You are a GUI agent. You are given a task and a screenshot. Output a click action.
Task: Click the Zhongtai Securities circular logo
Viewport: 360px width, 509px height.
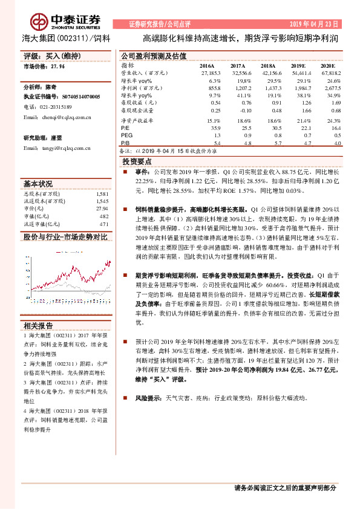[40, 17]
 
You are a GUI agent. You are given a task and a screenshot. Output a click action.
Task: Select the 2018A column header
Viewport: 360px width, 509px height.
[267, 65]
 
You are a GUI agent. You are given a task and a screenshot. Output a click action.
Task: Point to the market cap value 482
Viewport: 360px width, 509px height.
[103, 216]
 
